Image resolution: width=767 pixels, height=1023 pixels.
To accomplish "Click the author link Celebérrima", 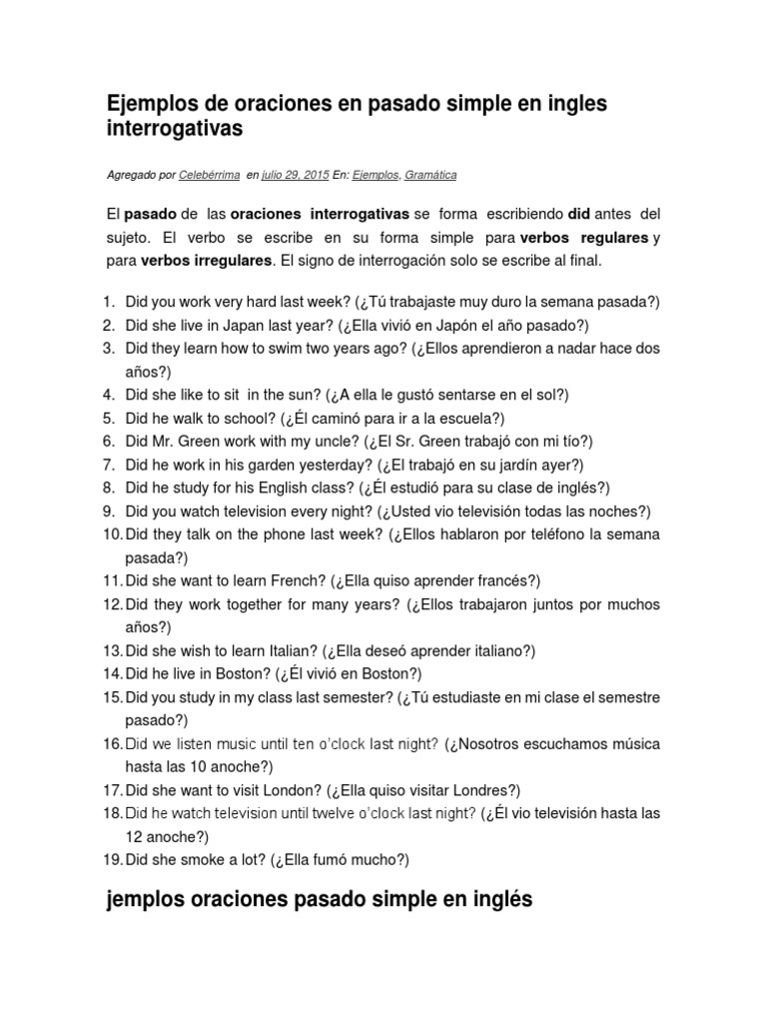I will point(209,175).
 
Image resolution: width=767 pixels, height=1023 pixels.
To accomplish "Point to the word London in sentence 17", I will point(290,789).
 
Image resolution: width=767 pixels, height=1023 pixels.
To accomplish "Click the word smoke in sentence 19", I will point(216,859).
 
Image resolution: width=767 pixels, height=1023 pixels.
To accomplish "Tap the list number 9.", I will point(111,511).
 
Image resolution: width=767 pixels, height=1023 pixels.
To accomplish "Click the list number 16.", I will point(111,743).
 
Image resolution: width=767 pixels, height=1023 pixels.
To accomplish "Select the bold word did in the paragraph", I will point(579,215).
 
